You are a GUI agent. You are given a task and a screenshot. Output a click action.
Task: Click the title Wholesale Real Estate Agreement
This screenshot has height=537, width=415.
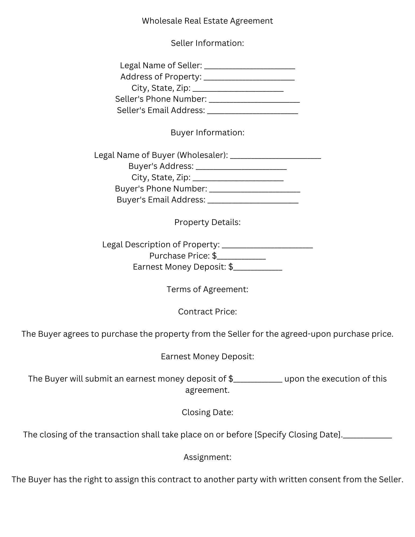tap(207, 21)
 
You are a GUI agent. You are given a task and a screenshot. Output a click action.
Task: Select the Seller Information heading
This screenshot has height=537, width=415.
tap(207, 43)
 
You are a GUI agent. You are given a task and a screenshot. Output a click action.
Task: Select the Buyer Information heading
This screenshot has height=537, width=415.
tap(207, 133)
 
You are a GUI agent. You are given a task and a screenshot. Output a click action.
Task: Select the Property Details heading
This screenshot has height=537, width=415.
tap(207, 222)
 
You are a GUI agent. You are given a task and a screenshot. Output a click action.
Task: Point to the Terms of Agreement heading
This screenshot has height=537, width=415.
tap(207, 289)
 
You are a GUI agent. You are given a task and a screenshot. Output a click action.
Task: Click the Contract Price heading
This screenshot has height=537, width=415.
tap(207, 312)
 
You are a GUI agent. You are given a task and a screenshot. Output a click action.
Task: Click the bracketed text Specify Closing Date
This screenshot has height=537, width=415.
tap(298, 435)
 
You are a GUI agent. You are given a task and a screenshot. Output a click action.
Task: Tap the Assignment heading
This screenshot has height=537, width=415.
tap(207, 457)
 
